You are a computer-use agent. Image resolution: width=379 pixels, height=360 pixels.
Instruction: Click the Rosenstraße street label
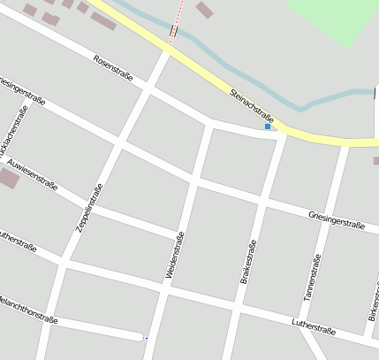(113, 69)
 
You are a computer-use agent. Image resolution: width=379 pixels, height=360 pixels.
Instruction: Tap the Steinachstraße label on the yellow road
(253, 105)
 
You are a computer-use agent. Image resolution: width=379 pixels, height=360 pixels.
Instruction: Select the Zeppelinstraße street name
(89, 207)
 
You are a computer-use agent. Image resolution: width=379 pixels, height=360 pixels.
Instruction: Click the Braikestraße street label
(248, 262)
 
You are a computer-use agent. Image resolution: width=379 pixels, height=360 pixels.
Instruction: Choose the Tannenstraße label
(310, 274)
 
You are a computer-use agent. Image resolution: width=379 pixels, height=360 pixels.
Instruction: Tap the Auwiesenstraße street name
(32, 174)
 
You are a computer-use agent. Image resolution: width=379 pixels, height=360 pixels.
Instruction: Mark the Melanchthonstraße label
(28, 308)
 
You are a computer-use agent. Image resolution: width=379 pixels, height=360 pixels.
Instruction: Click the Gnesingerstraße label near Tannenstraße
(337, 218)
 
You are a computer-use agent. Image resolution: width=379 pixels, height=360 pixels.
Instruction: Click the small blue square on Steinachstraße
(268, 127)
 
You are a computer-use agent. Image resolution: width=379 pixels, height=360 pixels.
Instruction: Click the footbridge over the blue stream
(173, 33)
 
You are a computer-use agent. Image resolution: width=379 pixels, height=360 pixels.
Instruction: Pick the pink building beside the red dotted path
(204, 10)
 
